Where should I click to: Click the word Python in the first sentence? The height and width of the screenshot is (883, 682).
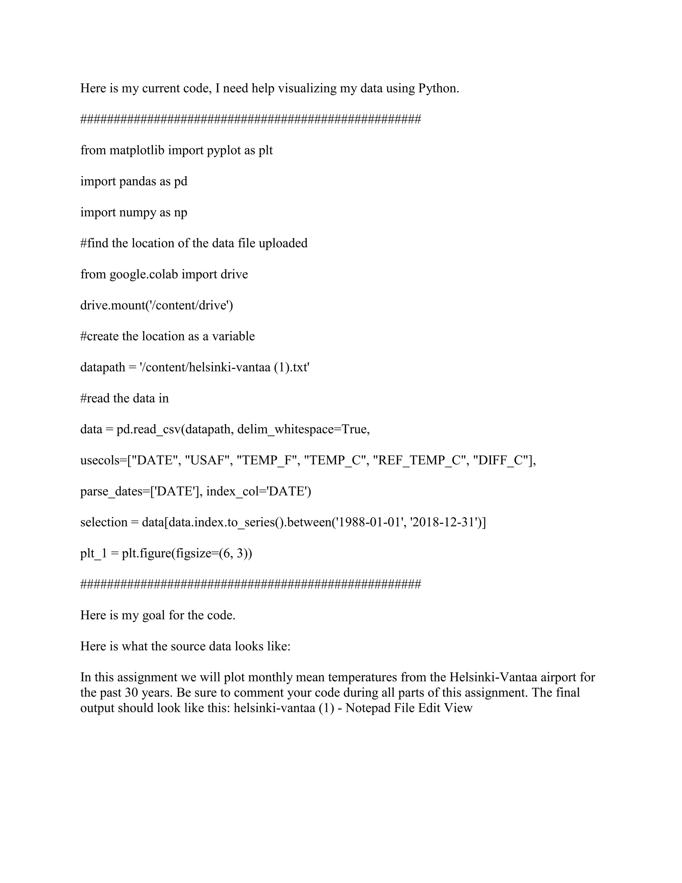click(438, 88)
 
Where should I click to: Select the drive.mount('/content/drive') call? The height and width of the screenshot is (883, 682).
click(157, 305)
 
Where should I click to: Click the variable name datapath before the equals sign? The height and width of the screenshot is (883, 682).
click(103, 367)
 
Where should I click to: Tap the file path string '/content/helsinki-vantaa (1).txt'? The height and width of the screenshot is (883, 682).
click(224, 367)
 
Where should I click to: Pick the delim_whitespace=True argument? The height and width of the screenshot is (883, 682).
click(303, 429)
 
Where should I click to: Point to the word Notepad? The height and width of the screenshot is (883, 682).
click(368, 708)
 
